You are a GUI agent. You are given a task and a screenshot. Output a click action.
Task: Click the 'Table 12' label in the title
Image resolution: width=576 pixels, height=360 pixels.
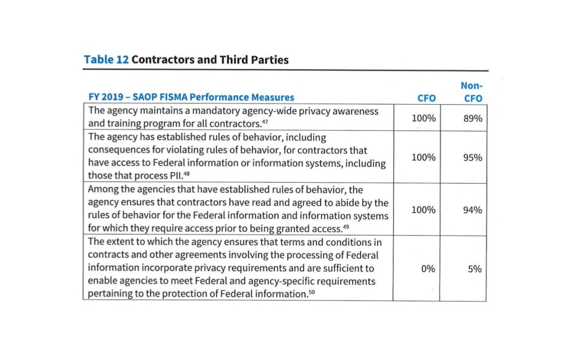click(x=106, y=59)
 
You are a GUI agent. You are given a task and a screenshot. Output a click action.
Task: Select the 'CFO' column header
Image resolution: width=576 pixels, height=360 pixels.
click(x=426, y=98)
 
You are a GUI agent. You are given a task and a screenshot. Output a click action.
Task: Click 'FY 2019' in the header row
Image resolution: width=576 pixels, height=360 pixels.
click(x=107, y=97)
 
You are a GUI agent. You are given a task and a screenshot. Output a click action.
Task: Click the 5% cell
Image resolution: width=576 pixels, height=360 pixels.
click(x=474, y=269)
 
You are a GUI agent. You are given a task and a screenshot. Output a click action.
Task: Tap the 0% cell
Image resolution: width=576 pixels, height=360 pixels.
click(x=427, y=269)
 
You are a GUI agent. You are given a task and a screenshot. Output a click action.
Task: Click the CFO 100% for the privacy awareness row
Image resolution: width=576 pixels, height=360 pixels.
click(x=424, y=118)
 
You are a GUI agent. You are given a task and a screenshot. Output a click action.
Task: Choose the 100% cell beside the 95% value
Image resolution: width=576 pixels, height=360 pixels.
click(x=424, y=157)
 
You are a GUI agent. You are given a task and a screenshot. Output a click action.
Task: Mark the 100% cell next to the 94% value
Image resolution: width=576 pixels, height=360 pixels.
click(x=424, y=210)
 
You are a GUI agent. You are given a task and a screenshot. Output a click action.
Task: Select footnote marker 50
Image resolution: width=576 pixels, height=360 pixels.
click(x=312, y=292)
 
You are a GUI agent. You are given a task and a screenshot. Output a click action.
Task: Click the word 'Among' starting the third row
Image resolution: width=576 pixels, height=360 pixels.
click(x=102, y=190)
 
